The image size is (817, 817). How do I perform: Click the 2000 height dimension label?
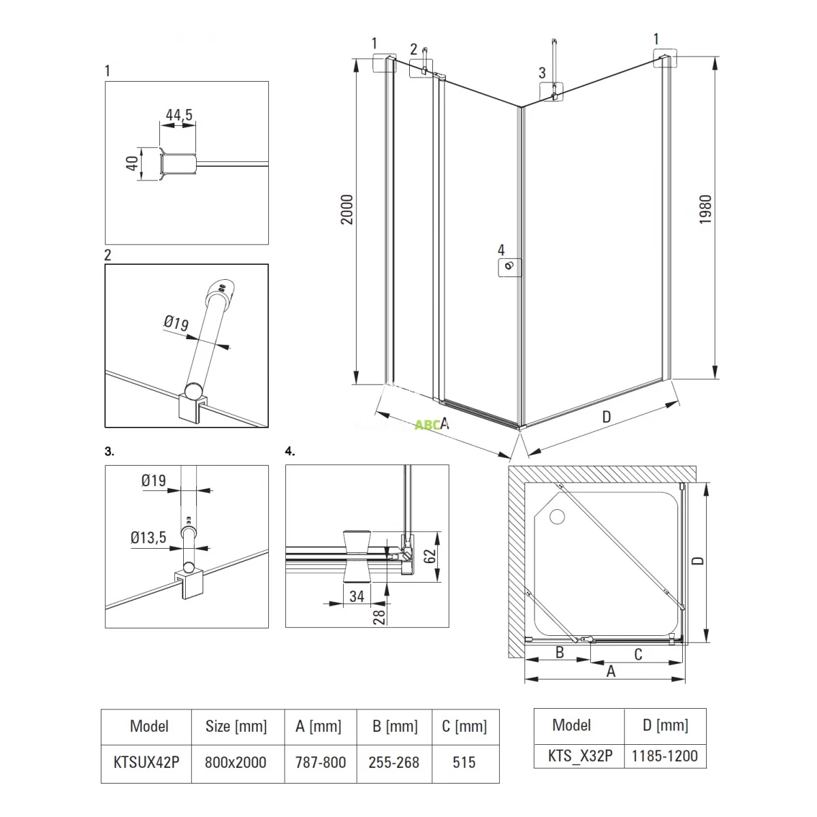click(x=347, y=210)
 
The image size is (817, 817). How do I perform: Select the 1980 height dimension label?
click(x=705, y=210)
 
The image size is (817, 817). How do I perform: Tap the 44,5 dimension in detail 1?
click(x=179, y=115)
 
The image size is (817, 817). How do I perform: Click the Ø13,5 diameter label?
click(x=148, y=538)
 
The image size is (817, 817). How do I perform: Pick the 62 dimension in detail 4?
click(x=430, y=556)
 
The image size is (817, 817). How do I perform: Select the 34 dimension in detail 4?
click(x=357, y=597)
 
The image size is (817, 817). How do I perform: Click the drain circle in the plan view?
click(x=557, y=517)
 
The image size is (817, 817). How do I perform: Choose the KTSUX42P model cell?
click(x=146, y=762)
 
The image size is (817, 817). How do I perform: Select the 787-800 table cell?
click(x=321, y=762)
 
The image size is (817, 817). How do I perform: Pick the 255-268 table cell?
click(x=394, y=762)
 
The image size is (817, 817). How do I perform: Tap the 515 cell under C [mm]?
click(x=464, y=762)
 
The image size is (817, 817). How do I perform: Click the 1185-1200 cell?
click(x=664, y=755)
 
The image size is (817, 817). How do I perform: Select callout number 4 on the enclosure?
click(x=501, y=251)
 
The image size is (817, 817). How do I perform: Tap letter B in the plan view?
click(x=560, y=652)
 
